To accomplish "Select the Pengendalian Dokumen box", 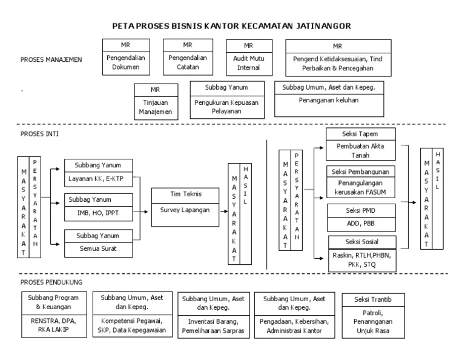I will (125, 63).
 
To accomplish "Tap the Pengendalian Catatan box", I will (187, 63).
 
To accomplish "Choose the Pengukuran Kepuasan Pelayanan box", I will (226, 107).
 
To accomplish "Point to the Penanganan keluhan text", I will (329, 100).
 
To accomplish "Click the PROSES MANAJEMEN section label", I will (51, 59).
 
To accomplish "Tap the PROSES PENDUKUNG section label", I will (51, 282).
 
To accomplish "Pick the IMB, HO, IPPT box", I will (97, 212).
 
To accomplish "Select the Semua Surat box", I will (97, 247).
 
